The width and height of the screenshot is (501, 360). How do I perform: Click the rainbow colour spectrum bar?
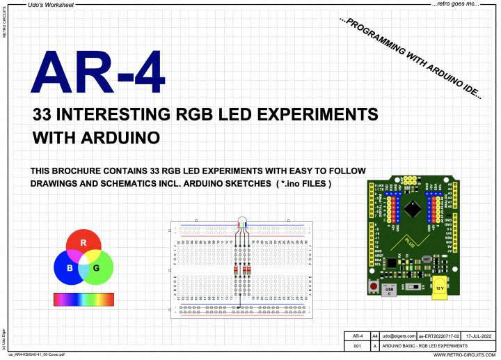[x=83, y=299]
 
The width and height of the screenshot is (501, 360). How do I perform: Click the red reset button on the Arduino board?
[x=374, y=286]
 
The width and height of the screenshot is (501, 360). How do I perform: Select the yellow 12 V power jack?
[x=440, y=288]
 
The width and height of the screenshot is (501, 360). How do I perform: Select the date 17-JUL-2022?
[x=479, y=336]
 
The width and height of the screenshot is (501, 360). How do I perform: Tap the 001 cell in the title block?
[x=356, y=345]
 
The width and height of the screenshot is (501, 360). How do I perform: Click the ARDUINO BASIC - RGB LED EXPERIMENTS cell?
[x=424, y=345]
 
